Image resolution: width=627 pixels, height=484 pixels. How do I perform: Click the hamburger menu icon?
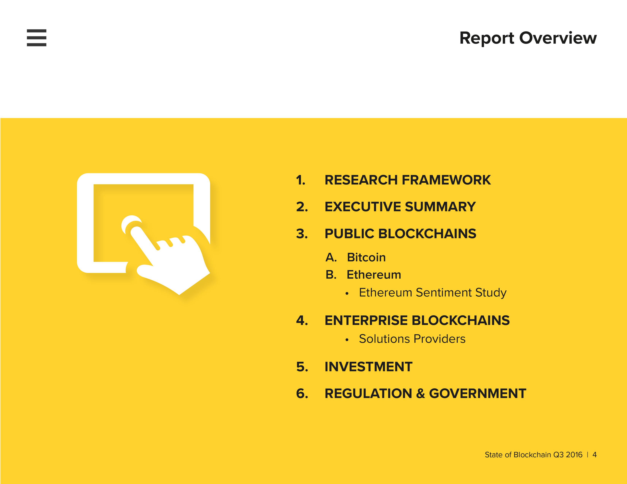coord(36,38)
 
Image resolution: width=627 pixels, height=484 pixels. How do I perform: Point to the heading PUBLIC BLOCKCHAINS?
coord(400,234)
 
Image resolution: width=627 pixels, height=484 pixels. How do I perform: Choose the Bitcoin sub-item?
coord(366,258)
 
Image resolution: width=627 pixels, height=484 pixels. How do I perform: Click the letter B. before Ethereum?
coord(331,275)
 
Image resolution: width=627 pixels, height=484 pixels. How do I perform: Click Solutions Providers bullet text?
coord(412,339)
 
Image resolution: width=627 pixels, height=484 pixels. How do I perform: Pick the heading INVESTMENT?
coord(368,367)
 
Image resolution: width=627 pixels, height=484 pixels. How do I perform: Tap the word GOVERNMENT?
coord(478,393)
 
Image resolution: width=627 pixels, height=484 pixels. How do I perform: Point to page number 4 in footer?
coord(595,455)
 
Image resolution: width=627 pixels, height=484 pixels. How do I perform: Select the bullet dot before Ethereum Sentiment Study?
coord(347,293)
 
